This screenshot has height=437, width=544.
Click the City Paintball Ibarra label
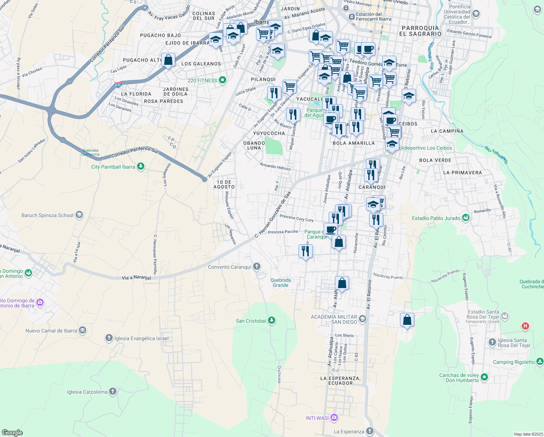(x=113, y=167)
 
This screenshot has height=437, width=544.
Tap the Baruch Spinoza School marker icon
(x=79, y=215)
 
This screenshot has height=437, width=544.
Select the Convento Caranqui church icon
(x=257, y=267)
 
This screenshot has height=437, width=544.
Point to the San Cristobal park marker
(x=271, y=321)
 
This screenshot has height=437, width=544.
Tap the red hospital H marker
(x=525, y=326)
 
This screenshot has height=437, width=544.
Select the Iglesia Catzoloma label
(x=87, y=392)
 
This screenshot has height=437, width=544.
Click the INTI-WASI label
(x=317, y=418)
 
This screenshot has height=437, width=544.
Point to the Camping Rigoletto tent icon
(x=540, y=362)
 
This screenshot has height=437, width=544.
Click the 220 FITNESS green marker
(x=223, y=80)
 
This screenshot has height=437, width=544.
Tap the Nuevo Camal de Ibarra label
(x=51, y=331)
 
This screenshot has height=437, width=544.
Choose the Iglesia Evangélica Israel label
(x=141, y=338)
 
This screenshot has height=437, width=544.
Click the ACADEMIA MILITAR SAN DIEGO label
(x=334, y=319)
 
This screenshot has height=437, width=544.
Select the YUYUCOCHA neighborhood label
(x=269, y=133)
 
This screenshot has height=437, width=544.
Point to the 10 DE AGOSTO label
(x=224, y=184)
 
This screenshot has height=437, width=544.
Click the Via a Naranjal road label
(x=136, y=277)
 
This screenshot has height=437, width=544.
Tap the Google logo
(x=12, y=433)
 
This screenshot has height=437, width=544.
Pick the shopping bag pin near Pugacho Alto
(x=168, y=60)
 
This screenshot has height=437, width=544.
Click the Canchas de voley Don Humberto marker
(x=484, y=378)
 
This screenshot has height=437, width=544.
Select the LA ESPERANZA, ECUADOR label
(x=340, y=381)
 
